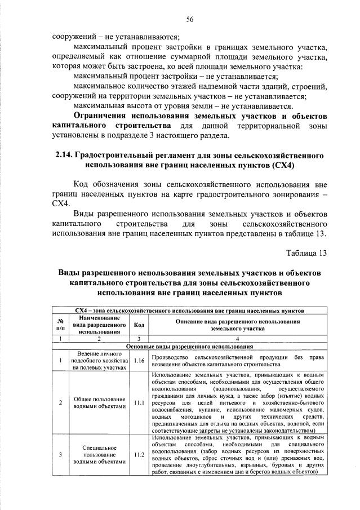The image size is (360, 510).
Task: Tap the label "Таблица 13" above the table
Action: pos(307,252)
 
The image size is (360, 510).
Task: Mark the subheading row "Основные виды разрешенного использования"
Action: pos(189,346)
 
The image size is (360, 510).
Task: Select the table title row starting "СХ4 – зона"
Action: pos(189,310)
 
